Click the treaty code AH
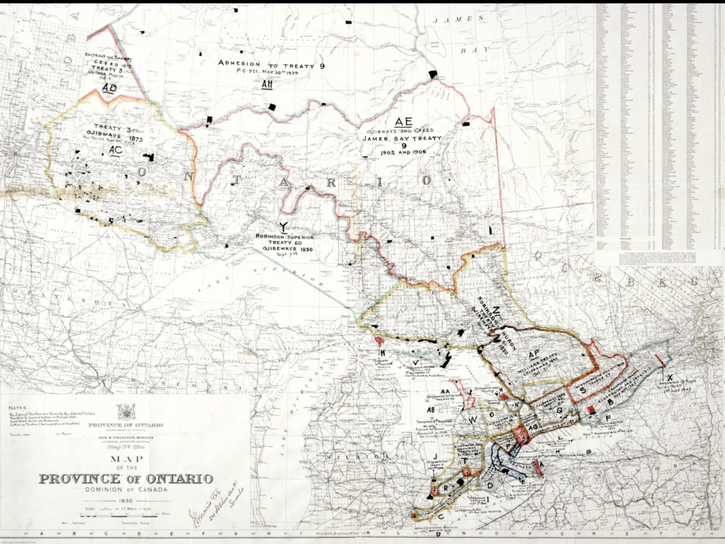coord(268,85)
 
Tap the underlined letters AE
coord(404,120)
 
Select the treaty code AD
coord(108,88)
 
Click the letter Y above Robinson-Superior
coord(284,227)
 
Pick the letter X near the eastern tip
coord(670,378)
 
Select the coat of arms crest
coord(127,412)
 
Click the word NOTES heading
coord(13,407)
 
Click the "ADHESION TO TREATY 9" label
coord(271,65)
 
